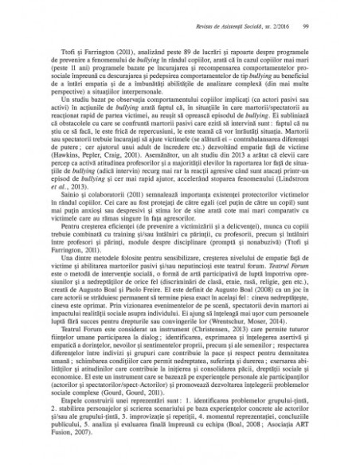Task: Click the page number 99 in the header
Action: pyautogui.click(x=307, y=27)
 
